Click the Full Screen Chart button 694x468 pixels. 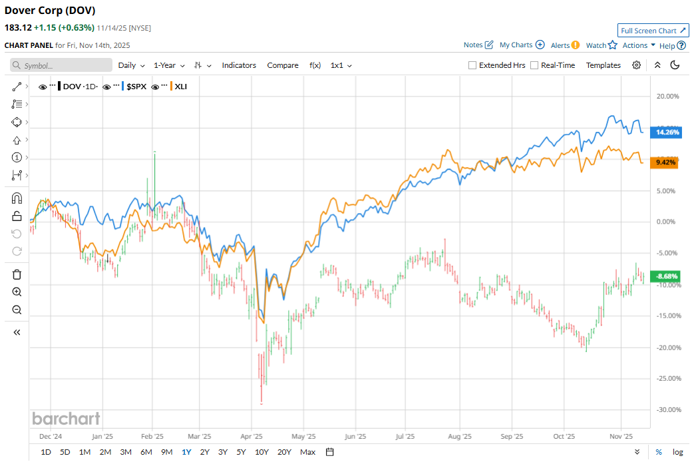(x=653, y=31)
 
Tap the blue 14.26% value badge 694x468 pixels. (x=667, y=132)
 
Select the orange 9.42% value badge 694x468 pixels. (x=666, y=162)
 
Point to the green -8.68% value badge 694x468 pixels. (x=666, y=276)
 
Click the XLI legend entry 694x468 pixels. (x=180, y=87)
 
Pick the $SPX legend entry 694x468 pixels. (x=136, y=87)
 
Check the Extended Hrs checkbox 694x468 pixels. (x=472, y=65)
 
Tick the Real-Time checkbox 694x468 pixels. (x=534, y=65)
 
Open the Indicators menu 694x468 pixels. (x=239, y=65)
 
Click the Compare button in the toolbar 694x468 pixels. (x=283, y=65)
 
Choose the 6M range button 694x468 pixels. (x=146, y=452)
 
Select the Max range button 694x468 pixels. (x=307, y=452)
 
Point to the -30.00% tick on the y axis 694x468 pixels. (x=667, y=410)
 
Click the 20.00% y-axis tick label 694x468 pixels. (x=668, y=97)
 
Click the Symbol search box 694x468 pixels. (x=61, y=65)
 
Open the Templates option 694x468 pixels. (x=603, y=65)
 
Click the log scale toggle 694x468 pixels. (x=677, y=452)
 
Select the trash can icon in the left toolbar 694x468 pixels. (x=17, y=274)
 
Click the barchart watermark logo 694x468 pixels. (x=67, y=419)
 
